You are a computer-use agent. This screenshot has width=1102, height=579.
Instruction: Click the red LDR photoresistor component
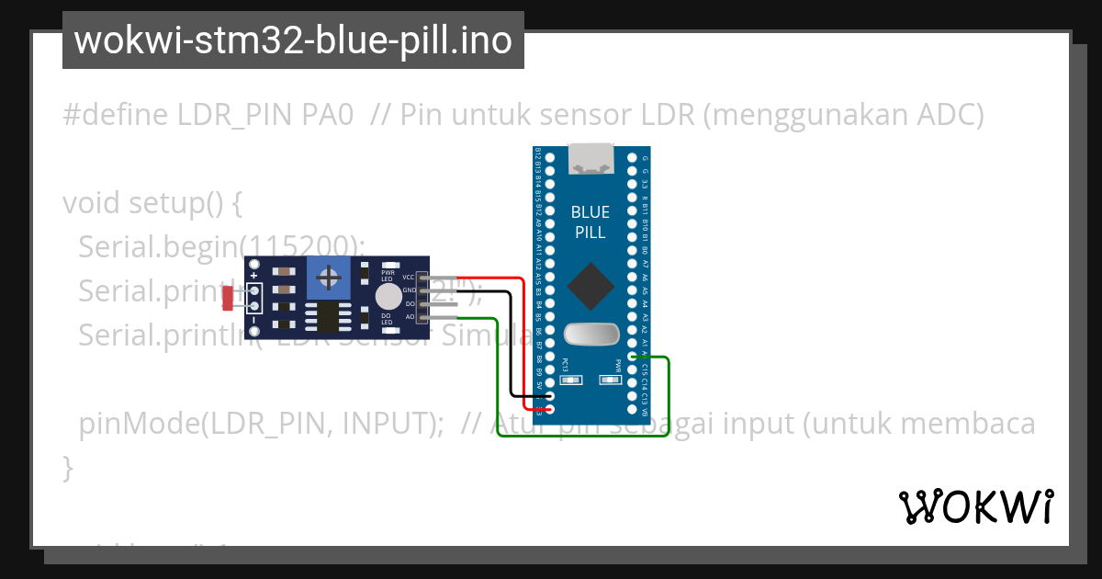pyautogui.click(x=228, y=297)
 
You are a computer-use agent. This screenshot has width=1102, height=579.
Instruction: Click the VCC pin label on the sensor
pyautogui.click(x=409, y=277)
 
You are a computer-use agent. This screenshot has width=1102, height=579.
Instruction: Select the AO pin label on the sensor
pyautogui.click(x=410, y=317)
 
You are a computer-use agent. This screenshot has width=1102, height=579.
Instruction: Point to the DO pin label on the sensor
pyautogui.click(x=410, y=303)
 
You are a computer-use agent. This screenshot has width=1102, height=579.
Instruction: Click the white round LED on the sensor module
pyautogui.click(x=388, y=296)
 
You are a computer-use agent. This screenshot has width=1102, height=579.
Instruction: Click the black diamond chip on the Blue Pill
pyautogui.click(x=590, y=287)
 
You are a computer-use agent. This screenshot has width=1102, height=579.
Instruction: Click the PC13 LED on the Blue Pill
pyautogui.click(x=570, y=378)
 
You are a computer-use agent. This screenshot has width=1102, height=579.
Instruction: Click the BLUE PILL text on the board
pyautogui.click(x=590, y=222)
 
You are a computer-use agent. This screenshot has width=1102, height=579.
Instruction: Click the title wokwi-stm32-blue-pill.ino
pyautogui.click(x=293, y=40)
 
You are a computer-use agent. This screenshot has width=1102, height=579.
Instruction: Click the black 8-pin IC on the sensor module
pyautogui.click(x=328, y=316)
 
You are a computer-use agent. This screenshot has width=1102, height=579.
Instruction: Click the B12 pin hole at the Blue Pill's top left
pyautogui.click(x=549, y=158)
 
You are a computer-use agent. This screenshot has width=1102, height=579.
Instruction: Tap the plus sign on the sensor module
pyautogui.click(x=253, y=275)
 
